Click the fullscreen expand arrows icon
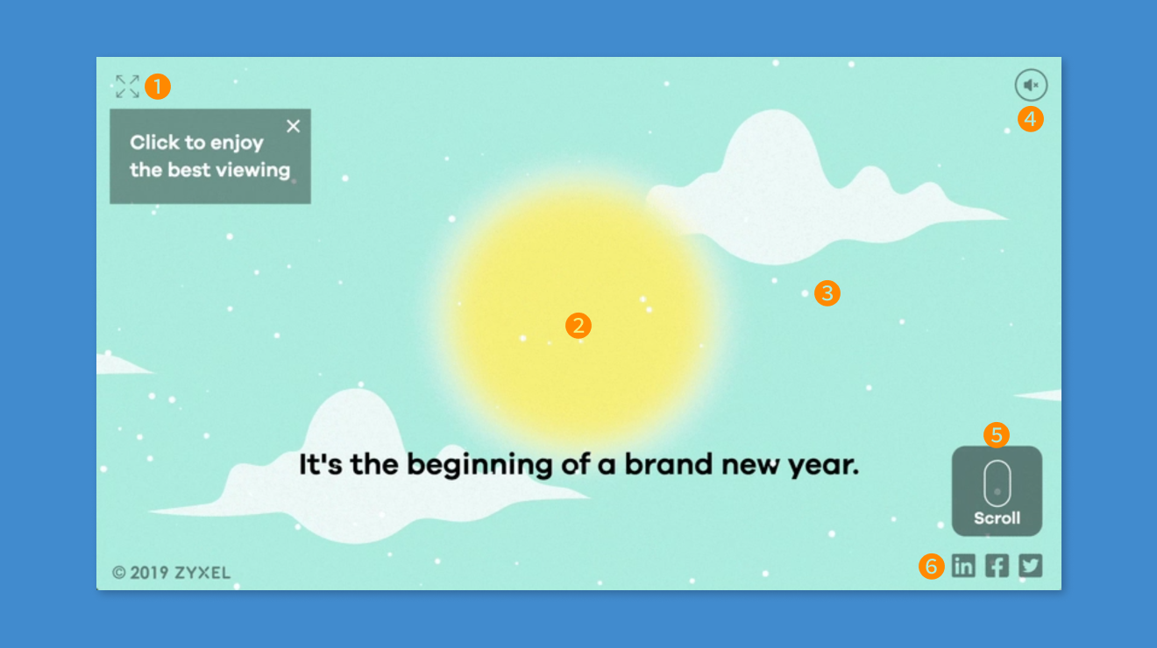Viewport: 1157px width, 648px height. coord(128,86)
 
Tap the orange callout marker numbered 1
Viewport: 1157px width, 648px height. coord(158,86)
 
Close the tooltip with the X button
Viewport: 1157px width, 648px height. coord(293,126)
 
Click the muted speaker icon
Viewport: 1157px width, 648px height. coord(1031,85)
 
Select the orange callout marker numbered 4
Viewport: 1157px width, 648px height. coord(1031,119)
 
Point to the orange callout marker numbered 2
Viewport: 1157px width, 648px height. coord(578,326)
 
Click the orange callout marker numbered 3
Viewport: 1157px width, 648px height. coord(827,293)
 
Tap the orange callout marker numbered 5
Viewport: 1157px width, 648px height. coord(997,435)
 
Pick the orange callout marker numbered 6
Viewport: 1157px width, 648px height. coord(931,567)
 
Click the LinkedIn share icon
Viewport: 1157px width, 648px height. coord(964,566)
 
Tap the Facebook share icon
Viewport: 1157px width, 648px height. coord(997,566)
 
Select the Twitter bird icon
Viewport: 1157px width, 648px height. coord(1031,566)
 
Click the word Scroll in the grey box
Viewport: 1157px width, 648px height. coord(997,518)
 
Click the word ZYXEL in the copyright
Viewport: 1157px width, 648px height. coord(202,573)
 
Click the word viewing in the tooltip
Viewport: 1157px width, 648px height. coord(253,171)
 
